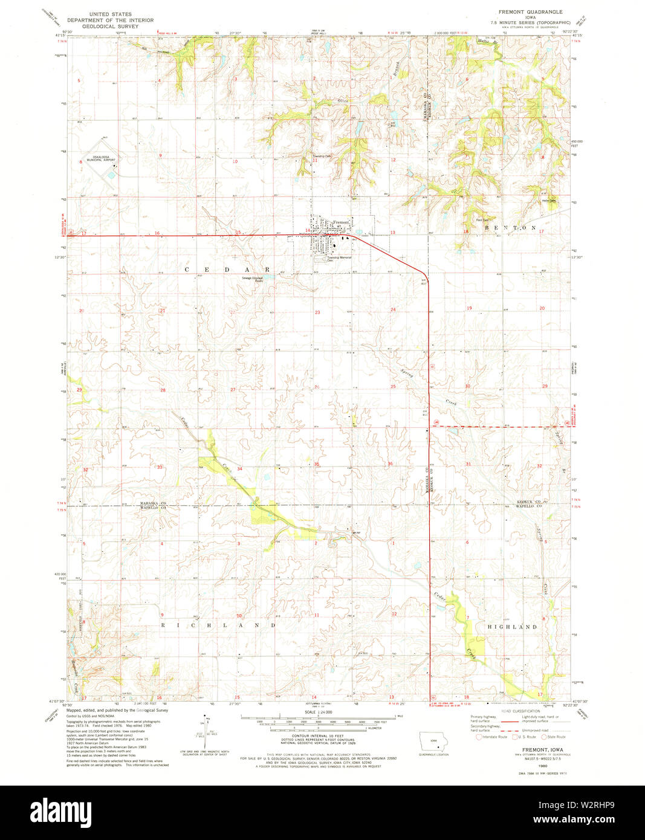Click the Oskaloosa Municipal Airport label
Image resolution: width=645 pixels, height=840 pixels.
100,159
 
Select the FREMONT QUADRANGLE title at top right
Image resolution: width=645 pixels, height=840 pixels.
530,11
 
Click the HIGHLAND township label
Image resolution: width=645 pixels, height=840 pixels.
512,627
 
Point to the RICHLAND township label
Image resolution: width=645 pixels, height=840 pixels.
218,625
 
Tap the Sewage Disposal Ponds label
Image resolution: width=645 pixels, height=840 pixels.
253,280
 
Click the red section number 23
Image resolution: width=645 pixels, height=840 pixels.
317,312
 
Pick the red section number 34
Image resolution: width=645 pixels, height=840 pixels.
239,469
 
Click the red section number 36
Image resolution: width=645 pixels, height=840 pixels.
391,464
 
